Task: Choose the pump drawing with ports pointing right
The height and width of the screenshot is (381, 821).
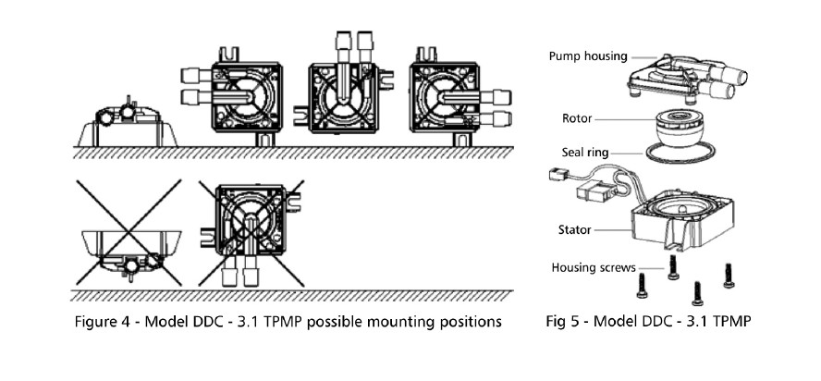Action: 448,96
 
